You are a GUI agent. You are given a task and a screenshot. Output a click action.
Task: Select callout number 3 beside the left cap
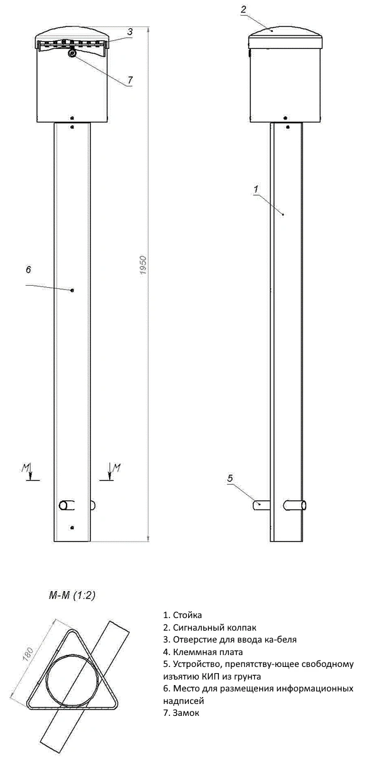129,31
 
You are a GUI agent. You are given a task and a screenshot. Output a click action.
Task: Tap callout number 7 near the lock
130,80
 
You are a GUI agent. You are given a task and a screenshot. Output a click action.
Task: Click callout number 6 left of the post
28,270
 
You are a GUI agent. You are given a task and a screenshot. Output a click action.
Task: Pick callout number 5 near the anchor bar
230,479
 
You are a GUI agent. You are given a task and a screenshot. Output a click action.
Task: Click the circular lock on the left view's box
73,55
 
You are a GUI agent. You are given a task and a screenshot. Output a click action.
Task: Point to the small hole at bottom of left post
73,527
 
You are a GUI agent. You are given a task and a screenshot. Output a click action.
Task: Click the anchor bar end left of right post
258,503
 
